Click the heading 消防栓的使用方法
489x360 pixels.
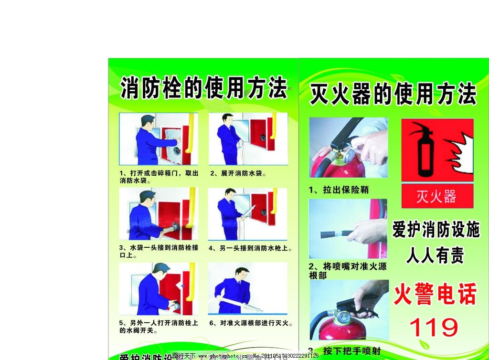pyautogui.click(x=204, y=89)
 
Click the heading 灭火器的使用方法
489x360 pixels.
pyautogui.click(x=393, y=94)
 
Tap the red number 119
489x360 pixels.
pyautogui.click(x=434, y=328)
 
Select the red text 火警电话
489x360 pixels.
pyautogui.click(x=435, y=295)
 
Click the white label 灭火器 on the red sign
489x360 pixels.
pyautogui.click(x=436, y=196)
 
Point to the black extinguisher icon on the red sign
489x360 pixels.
pyautogui.click(x=425, y=149)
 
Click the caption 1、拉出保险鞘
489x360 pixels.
pyautogui.click(x=339, y=190)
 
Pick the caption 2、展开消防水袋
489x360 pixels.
pyautogui.click(x=238, y=173)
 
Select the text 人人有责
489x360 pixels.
pyautogui.click(x=435, y=256)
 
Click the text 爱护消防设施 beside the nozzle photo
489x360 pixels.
pyautogui.click(x=436, y=231)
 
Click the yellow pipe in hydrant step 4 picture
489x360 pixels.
pyautogui.click(x=275, y=202)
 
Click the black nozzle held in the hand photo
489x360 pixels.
pyautogui.click(x=337, y=234)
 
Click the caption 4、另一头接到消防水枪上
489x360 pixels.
pyautogui.click(x=251, y=248)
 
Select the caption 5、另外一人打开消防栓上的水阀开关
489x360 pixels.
pyautogui.click(x=158, y=327)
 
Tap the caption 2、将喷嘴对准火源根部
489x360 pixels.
pyautogui.click(x=348, y=271)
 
